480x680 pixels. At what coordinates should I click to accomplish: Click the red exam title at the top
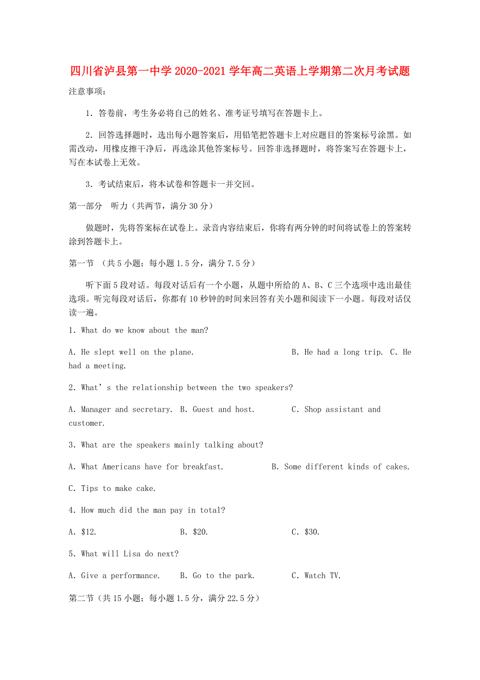pyautogui.click(x=240, y=72)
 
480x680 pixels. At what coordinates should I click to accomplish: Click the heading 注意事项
pyautogui.click(x=87, y=92)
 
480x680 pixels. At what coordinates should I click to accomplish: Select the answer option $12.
pyautogui.click(x=83, y=532)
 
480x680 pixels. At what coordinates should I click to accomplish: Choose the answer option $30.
pyautogui.click(x=306, y=532)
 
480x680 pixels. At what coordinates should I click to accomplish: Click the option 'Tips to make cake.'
pyautogui.click(x=112, y=489)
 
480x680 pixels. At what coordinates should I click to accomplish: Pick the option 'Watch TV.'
pyautogui.click(x=316, y=576)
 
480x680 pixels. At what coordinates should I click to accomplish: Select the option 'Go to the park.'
pyautogui.click(x=217, y=576)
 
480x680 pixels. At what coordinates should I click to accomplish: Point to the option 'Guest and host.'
pyautogui.click(x=218, y=410)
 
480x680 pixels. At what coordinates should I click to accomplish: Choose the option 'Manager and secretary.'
pyautogui.click(x=121, y=410)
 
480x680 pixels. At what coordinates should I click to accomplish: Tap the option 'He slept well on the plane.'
pyautogui.click(x=131, y=353)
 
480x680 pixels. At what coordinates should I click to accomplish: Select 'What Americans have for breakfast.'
pyautogui.click(x=146, y=467)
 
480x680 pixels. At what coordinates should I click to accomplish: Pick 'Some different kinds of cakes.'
pyautogui.click(x=341, y=467)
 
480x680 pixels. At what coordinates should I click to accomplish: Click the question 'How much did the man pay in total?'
pyautogui.click(x=147, y=511)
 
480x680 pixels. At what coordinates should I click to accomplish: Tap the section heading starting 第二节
pyautogui.click(x=164, y=598)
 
